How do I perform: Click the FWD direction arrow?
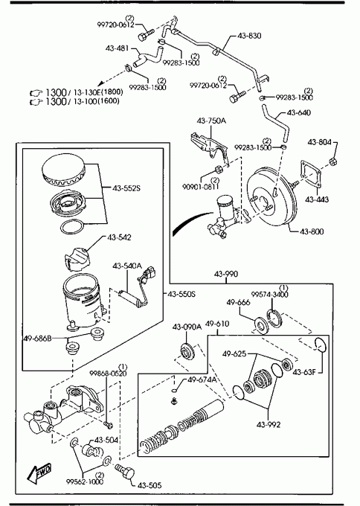[x=39, y=473]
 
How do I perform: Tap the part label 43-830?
[x=249, y=36]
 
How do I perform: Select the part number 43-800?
[x=312, y=231]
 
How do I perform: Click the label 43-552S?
[x=126, y=188]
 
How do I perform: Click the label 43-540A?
[x=127, y=266]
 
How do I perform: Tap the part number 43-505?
[x=150, y=485]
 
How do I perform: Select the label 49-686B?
[x=37, y=339]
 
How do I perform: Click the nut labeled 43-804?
[x=333, y=161]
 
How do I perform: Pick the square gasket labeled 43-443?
[x=312, y=175]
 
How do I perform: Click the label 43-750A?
[x=211, y=121]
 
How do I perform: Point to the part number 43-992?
[x=269, y=425]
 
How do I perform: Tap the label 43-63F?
[x=304, y=372]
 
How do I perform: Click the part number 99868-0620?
[x=108, y=374]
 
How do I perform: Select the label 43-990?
[x=226, y=274]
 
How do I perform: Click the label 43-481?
[x=117, y=48]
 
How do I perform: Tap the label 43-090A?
[x=187, y=327]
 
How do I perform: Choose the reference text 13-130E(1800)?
[x=98, y=92]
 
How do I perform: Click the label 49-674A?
[x=202, y=379]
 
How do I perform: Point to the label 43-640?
[x=299, y=112]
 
